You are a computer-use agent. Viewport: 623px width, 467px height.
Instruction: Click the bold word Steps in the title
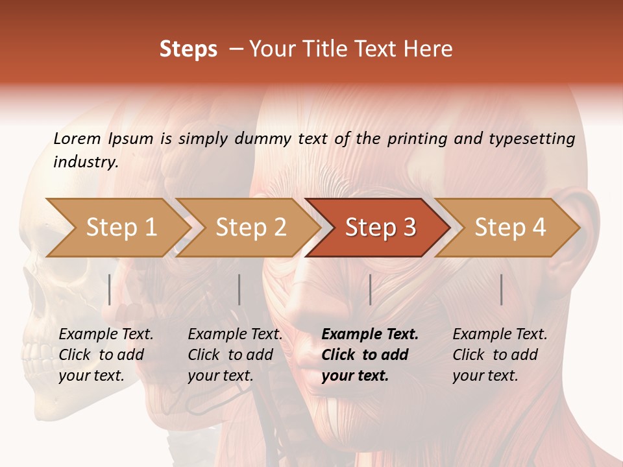point(188,49)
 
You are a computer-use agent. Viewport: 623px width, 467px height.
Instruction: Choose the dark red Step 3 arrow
point(380,228)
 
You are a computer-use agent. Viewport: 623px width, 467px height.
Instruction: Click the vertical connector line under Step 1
point(110,289)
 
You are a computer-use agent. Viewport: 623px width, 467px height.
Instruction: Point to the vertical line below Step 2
point(239,289)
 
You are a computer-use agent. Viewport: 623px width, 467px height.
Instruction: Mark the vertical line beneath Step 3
point(370,289)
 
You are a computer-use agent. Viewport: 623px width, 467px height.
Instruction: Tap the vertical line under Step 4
point(501,289)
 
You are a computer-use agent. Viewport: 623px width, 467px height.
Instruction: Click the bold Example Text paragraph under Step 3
point(370,355)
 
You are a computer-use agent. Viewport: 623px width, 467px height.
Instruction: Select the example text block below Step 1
point(106,355)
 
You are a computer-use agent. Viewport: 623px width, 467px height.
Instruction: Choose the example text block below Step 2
point(235,355)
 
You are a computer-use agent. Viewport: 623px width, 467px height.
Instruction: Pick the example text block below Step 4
point(500,355)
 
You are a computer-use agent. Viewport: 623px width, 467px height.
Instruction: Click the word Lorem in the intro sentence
point(77,138)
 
